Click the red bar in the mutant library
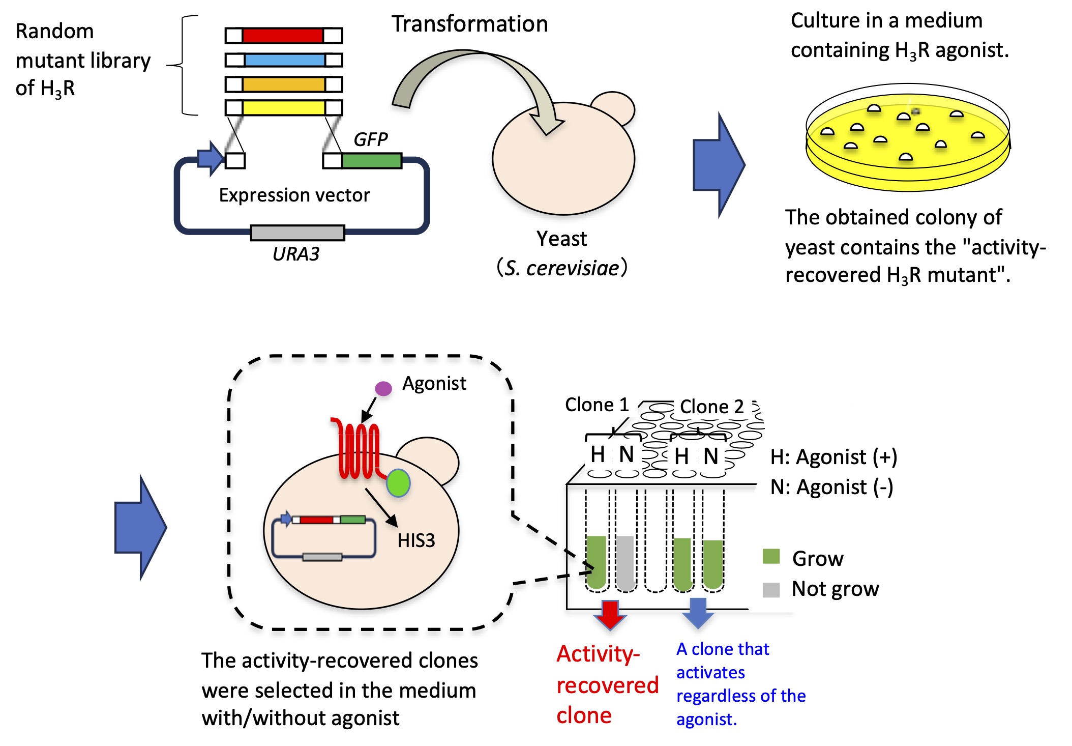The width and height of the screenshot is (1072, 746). (283, 36)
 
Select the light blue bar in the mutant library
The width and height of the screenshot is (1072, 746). (284, 60)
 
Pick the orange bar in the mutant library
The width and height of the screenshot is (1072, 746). (284, 84)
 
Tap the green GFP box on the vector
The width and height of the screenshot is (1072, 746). (372, 161)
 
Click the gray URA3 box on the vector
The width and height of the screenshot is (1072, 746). (297, 233)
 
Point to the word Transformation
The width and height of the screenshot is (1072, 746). (469, 24)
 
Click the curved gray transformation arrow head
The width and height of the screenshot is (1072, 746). (547, 122)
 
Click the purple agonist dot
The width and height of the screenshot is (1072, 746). (383, 389)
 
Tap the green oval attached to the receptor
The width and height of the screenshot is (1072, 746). (398, 483)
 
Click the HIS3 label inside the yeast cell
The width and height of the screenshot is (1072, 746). (416, 540)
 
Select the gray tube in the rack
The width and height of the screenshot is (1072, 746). (626, 562)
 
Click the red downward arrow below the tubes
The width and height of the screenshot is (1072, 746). (610, 615)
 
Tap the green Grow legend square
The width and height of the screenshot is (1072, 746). (771, 556)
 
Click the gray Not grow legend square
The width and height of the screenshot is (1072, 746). (771, 590)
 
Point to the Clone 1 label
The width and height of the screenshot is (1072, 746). (597, 405)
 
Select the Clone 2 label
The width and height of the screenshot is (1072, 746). (711, 407)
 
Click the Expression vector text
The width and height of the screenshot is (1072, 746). (294, 195)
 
